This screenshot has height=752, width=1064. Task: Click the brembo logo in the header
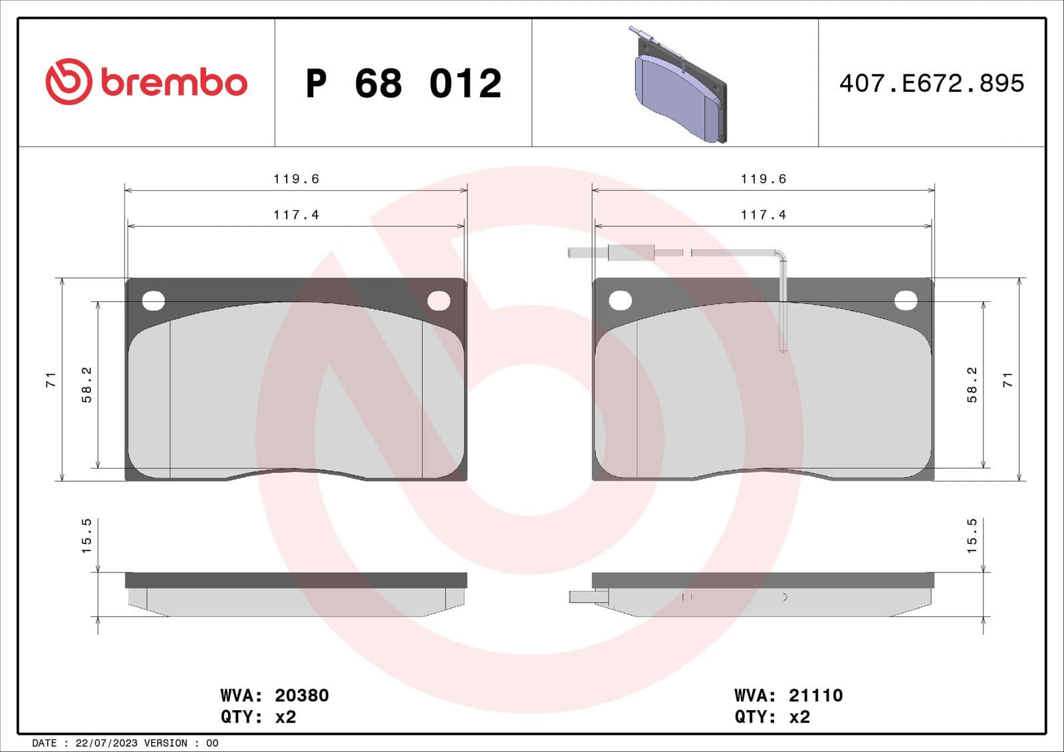coord(146,82)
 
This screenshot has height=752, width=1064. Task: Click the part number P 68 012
coord(403,84)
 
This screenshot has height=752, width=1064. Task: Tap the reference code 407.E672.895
coord(931,83)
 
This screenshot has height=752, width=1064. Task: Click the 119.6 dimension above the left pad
coord(296,179)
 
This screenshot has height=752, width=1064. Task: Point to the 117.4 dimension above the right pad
coord(763,215)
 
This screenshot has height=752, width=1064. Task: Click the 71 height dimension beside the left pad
coord(51,380)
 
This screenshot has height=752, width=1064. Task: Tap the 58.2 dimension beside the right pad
coord(972,384)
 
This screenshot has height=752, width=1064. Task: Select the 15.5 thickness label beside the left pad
coord(86,536)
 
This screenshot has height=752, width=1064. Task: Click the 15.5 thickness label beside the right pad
coord(972,536)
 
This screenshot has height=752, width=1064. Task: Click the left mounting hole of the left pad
coord(154,301)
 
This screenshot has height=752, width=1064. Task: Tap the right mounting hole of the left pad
coord(439,301)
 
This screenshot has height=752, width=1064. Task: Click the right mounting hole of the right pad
coord(906,301)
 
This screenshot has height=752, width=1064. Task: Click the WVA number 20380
coord(301,695)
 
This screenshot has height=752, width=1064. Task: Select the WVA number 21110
coord(815,695)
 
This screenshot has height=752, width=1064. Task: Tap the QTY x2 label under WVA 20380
coord(258,717)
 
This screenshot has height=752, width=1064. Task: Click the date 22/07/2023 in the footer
coord(106,743)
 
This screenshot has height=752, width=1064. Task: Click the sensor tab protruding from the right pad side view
coord(588,597)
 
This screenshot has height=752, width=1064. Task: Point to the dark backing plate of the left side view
coord(296,580)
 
